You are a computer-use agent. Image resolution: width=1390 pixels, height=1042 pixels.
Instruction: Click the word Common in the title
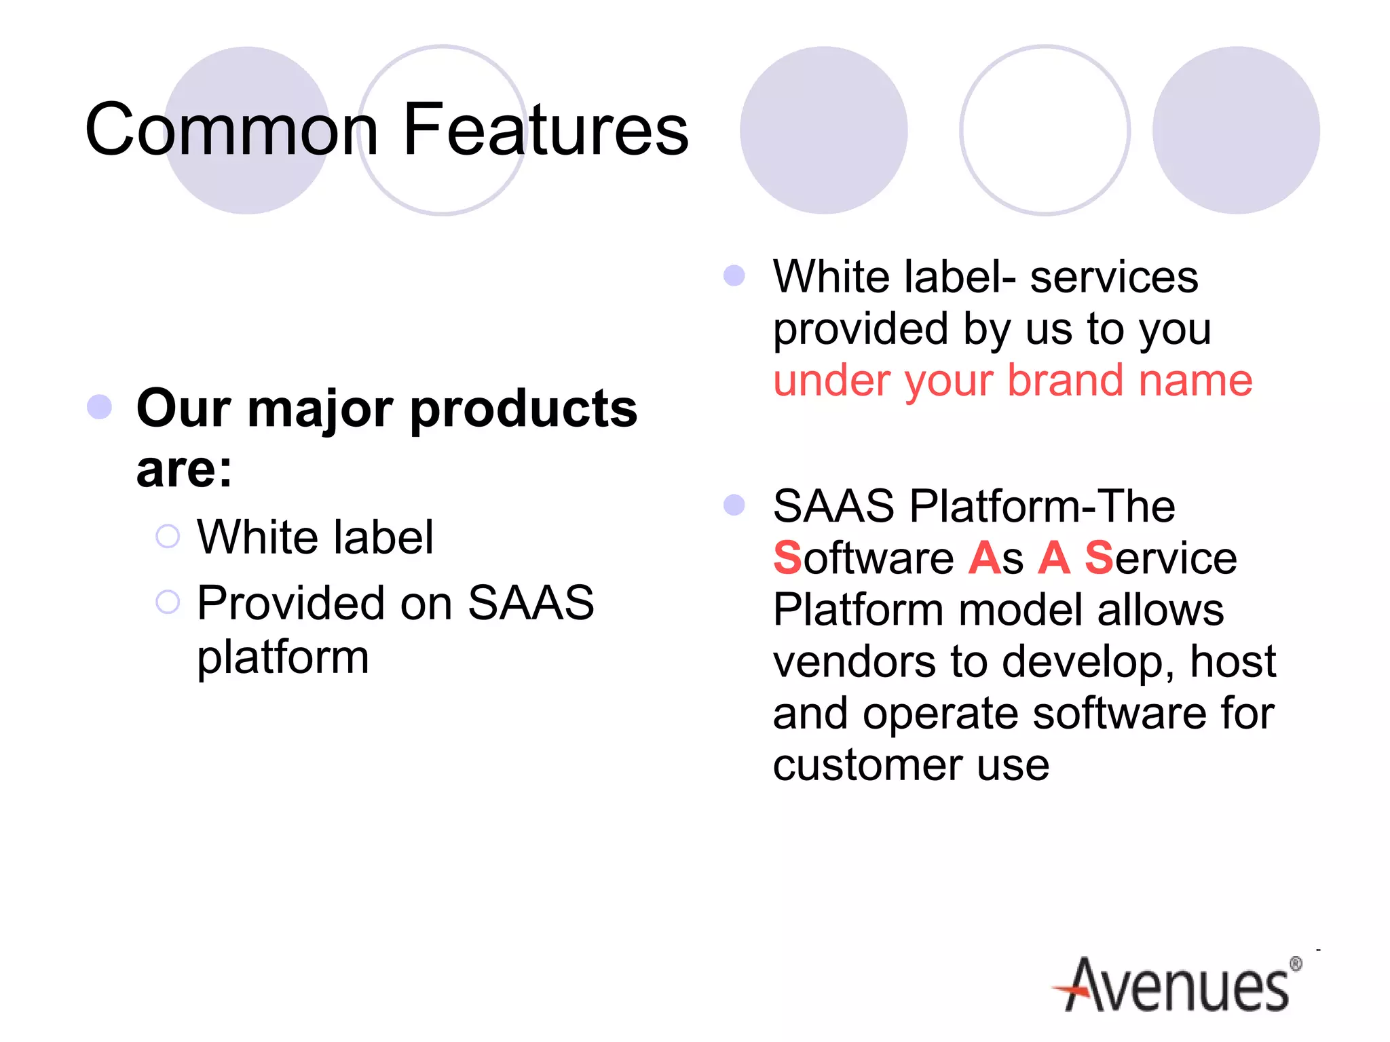pos(231,129)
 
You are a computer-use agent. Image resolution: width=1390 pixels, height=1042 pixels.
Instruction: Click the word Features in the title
pos(546,129)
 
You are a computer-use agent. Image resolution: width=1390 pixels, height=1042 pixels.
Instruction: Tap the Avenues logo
pos(1178,986)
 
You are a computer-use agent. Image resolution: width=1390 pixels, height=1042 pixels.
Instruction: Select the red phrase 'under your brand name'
pos(1012,381)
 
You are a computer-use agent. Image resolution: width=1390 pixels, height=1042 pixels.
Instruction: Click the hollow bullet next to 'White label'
pos(168,537)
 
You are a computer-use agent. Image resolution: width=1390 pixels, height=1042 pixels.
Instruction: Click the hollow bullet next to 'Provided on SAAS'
pos(168,602)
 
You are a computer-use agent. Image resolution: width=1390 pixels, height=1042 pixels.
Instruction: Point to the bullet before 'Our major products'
pos(100,407)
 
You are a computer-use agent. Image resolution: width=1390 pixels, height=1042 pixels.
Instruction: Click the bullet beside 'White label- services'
pos(734,275)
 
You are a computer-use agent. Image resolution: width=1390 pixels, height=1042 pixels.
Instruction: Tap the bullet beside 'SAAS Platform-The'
pos(734,505)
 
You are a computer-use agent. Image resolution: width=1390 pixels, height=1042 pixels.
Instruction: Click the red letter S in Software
pos(787,558)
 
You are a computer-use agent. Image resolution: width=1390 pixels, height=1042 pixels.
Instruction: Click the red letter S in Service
pos(1098,558)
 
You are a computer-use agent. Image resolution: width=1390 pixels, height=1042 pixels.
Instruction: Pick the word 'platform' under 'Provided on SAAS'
pos(283,658)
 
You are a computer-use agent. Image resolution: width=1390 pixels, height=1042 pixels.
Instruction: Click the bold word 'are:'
pos(184,469)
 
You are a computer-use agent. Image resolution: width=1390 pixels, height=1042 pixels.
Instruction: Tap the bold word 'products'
pos(523,409)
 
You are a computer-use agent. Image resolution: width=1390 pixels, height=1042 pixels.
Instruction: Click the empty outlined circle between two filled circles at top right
pos(1045,130)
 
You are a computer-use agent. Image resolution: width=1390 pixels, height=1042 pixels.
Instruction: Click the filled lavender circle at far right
pos(1236,130)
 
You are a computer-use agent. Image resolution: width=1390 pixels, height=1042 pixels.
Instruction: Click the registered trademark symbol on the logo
pos(1296,963)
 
